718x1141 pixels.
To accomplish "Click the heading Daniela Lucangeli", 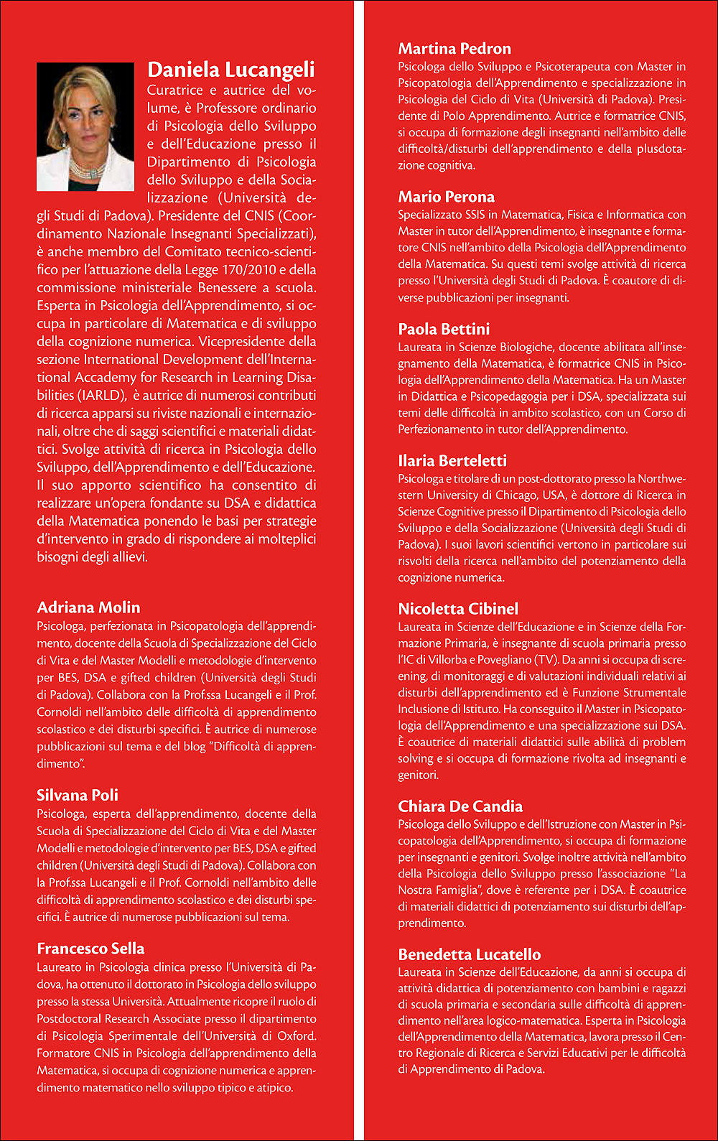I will click(230, 70).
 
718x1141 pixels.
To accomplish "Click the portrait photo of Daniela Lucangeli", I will click(85, 126).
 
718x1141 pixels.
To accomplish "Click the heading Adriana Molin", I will click(88, 607).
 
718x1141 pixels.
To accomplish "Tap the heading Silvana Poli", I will click(78, 795).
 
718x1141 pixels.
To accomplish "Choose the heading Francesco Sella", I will click(90, 949).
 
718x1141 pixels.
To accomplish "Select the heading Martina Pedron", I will click(454, 49).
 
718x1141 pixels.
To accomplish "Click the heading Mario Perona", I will click(446, 197).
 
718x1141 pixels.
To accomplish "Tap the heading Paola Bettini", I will click(444, 329).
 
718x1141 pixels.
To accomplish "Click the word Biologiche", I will click(527, 347).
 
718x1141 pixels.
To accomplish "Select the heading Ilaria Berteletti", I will click(452, 461).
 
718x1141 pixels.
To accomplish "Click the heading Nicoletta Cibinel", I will click(458, 609).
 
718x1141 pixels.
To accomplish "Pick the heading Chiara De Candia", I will click(460, 806).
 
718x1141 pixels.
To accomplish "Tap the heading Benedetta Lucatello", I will click(470, 954).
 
